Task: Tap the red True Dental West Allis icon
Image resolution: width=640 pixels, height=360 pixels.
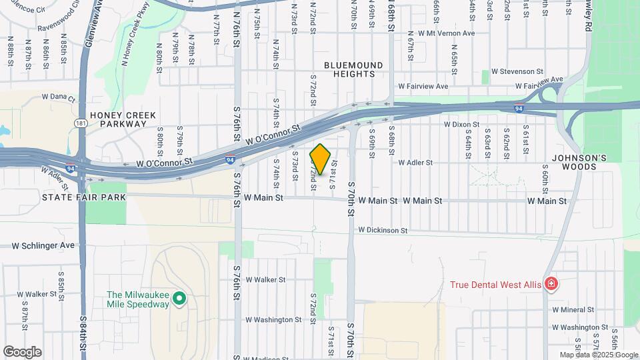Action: [551, 285]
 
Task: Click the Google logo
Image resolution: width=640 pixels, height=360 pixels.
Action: [22, 351]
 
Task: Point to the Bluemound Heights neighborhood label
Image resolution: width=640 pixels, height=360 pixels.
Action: [353, 69]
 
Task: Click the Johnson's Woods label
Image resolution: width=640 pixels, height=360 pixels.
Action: [579, 162]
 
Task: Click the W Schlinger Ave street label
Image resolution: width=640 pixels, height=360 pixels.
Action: [43, 245]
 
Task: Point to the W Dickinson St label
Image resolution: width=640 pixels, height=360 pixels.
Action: [383, 230]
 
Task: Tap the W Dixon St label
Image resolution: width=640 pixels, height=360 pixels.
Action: [462, 125]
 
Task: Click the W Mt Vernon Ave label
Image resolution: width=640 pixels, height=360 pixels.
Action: [441, 33]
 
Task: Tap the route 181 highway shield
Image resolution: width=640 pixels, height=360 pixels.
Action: [80, 123]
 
